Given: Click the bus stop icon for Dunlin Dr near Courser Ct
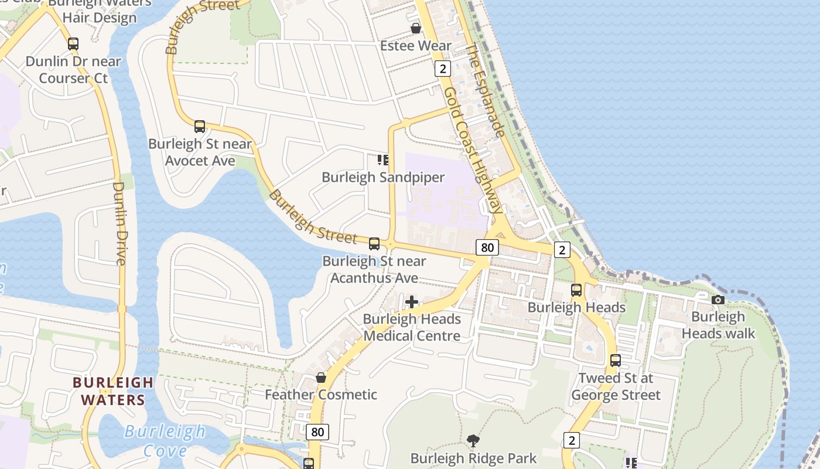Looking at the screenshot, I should (73, 44).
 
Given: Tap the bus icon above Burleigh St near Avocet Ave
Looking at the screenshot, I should (200, 127).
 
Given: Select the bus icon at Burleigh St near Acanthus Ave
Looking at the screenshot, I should (374, 244).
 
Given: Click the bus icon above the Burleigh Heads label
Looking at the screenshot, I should (576, 290).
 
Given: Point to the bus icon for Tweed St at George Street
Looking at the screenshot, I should (616, 361).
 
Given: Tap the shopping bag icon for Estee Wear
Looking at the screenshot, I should (416, 28).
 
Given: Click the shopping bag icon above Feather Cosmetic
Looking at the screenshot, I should (321, 378).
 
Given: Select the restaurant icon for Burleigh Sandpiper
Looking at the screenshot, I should (383, 160).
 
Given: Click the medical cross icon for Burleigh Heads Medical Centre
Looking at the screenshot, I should (412, 302).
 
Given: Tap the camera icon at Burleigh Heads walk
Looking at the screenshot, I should (718, 300).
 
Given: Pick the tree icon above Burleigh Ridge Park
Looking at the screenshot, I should (473, 440).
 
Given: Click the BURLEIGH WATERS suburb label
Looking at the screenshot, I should (113, 391).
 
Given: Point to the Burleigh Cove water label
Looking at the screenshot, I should (165, 441).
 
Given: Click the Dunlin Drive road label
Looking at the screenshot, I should (119, 223).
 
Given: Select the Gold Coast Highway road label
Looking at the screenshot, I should (472, 150).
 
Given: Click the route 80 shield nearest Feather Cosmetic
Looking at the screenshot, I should (317, 433).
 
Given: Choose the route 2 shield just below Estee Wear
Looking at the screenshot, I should (442, 69).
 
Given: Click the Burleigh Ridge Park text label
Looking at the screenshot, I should (473, 458).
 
